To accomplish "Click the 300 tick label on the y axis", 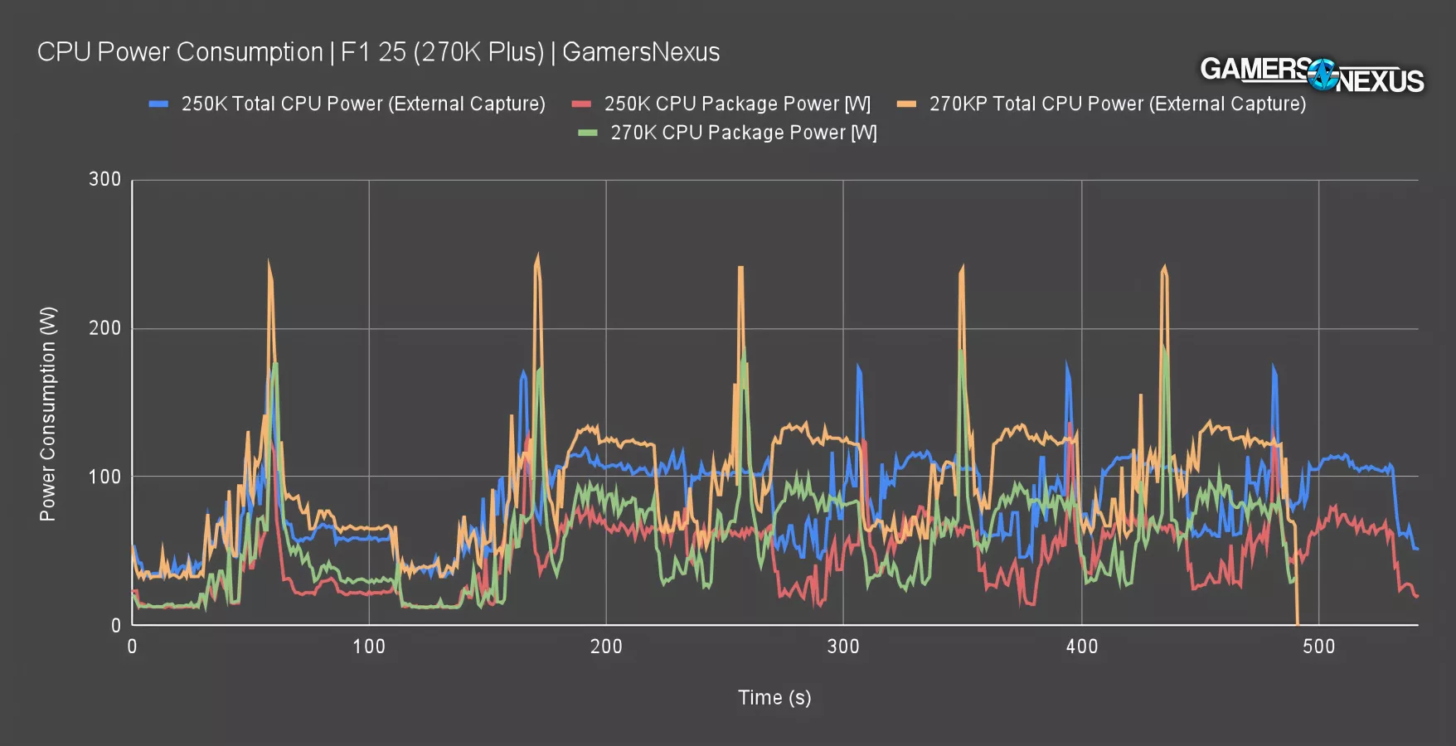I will click(104, 179).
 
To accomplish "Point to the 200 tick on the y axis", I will click(104, 328).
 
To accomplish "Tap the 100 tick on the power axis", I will click(104, 477).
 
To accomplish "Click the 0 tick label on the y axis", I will click(116, 626).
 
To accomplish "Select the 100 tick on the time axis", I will click(369, 647).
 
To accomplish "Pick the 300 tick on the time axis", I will click(843, 647).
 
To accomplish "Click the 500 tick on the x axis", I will click(1318, 647).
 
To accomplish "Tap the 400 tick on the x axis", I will click(1081, 647).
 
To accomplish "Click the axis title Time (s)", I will click(774, 698).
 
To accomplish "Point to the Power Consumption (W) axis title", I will click(48, 414).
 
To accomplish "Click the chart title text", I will click(378, 52).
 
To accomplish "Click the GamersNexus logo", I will click(1312, 75).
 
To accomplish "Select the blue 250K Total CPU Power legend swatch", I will click(158, 104).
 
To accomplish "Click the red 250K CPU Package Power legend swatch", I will click(581, 104).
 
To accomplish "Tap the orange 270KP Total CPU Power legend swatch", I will click(906, 104).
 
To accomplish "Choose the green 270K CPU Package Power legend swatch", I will click(588, 133).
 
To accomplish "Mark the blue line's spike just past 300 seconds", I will click(858, 366).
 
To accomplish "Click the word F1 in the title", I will click(355, 52).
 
